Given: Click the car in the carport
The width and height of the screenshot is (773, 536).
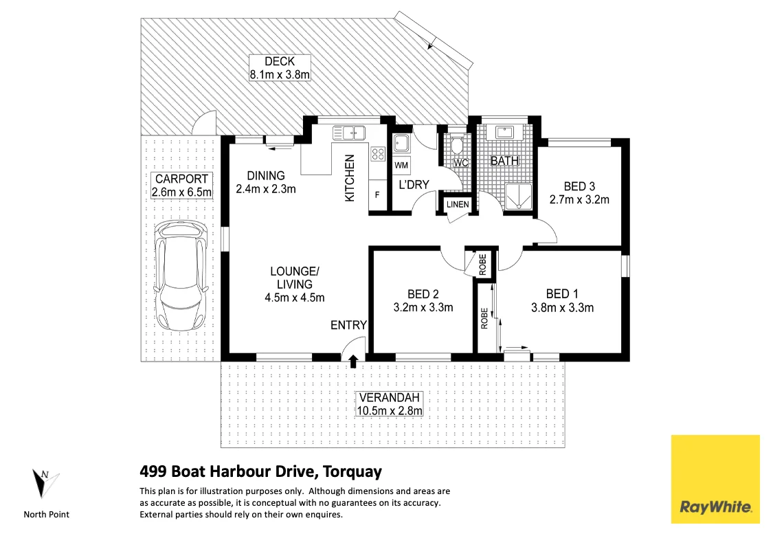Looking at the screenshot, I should point(179,275).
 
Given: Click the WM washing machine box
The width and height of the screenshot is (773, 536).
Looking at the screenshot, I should point(401,166).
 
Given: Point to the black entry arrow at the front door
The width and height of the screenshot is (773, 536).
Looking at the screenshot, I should point(353,360).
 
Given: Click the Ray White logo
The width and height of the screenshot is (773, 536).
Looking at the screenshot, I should point(715,479).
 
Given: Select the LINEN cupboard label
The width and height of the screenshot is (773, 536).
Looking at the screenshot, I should point(458,205).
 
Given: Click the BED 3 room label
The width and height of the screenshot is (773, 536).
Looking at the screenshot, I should point(579,186).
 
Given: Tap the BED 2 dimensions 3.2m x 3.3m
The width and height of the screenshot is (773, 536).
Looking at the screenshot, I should point(423,307).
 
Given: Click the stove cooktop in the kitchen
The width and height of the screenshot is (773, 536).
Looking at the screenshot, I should point(378,154).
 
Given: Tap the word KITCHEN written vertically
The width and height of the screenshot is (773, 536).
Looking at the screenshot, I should point(349,177).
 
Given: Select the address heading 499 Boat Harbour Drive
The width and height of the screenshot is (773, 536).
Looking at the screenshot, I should point(260,471).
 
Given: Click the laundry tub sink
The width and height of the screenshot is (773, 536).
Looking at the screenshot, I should point(401,144).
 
